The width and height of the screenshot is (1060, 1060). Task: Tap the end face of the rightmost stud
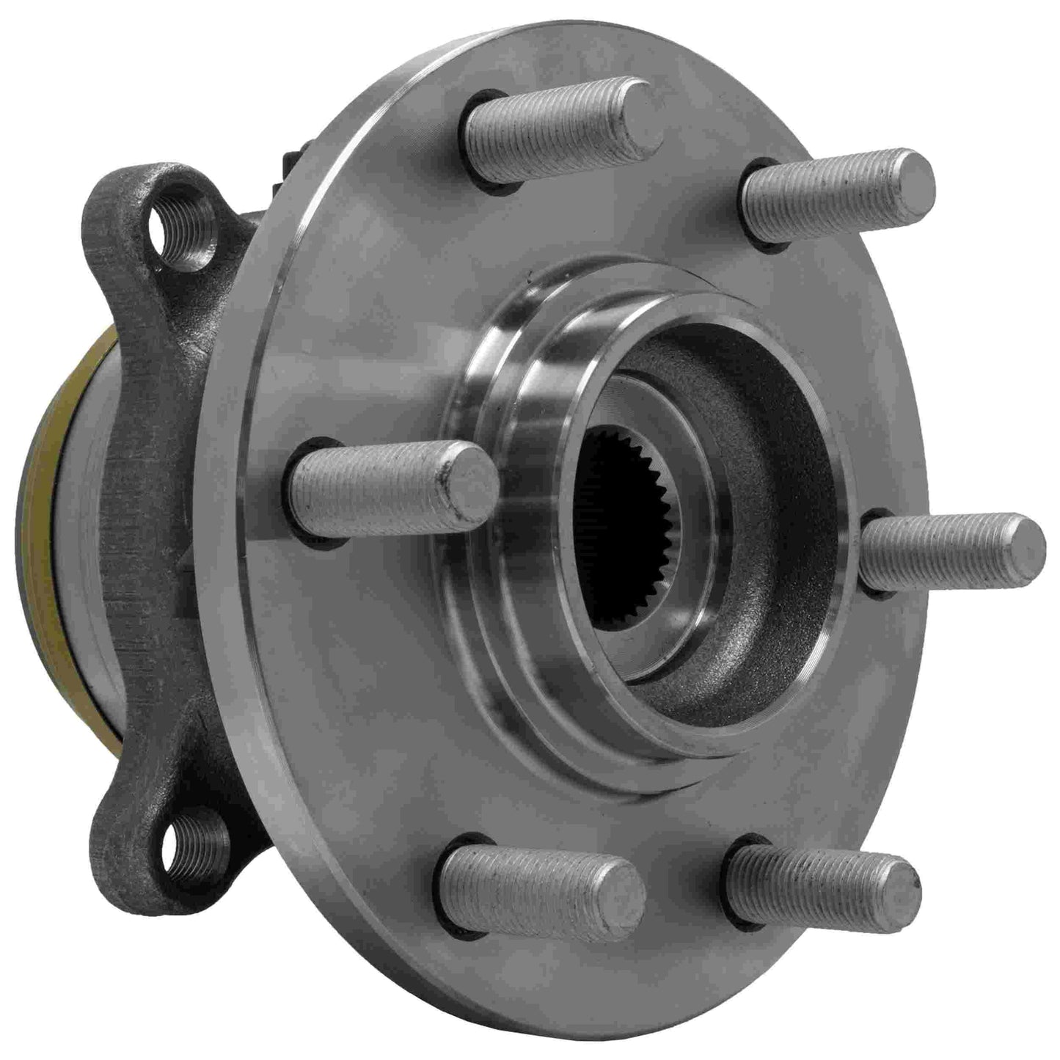point(1024,547)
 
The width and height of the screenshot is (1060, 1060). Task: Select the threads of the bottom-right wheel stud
point(807,880)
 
